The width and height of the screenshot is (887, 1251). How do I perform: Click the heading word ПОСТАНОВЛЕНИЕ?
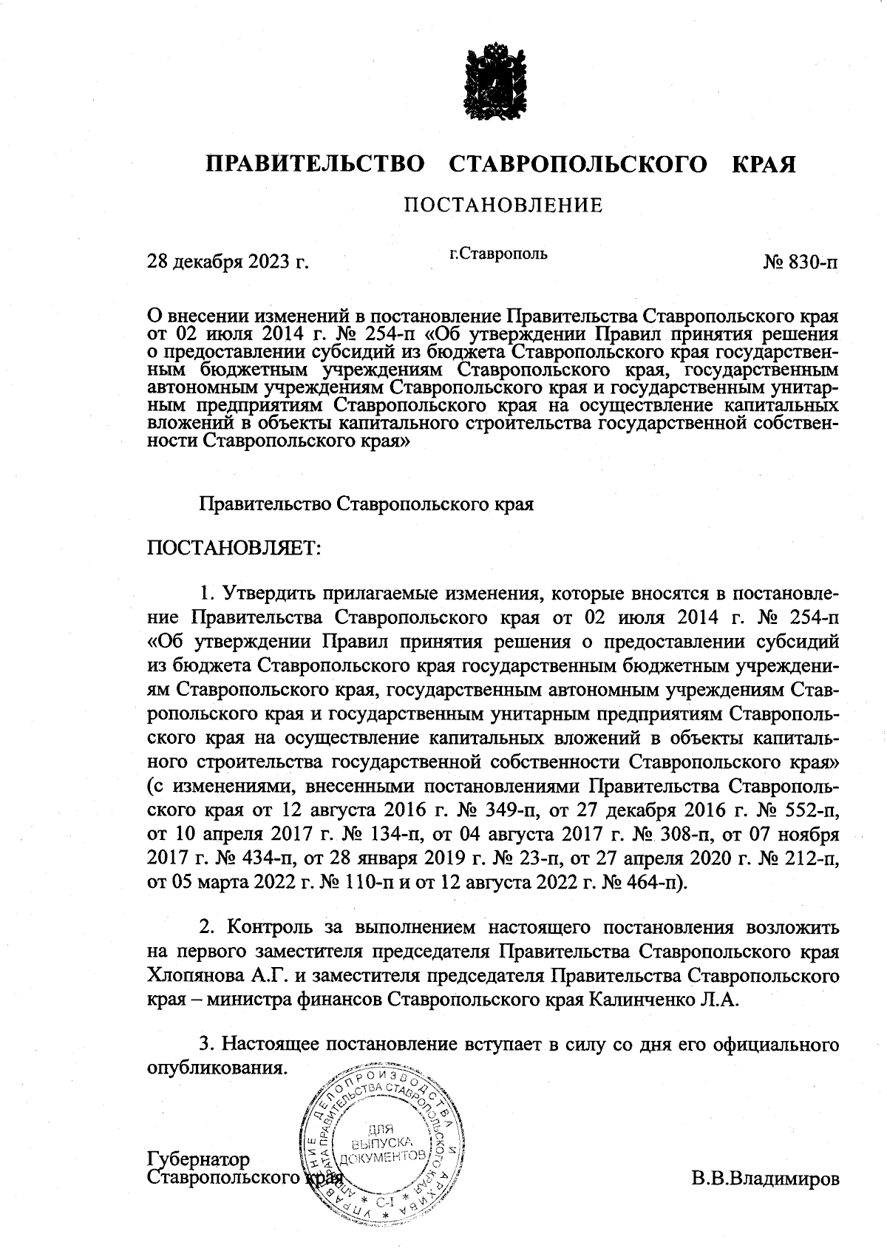click(503, 205)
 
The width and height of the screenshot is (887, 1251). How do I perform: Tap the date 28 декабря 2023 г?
click(228, 262)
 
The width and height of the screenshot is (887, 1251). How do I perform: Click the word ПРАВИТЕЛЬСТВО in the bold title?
click(315, 163)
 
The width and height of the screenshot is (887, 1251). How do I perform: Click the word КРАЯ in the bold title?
click(764, 163)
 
